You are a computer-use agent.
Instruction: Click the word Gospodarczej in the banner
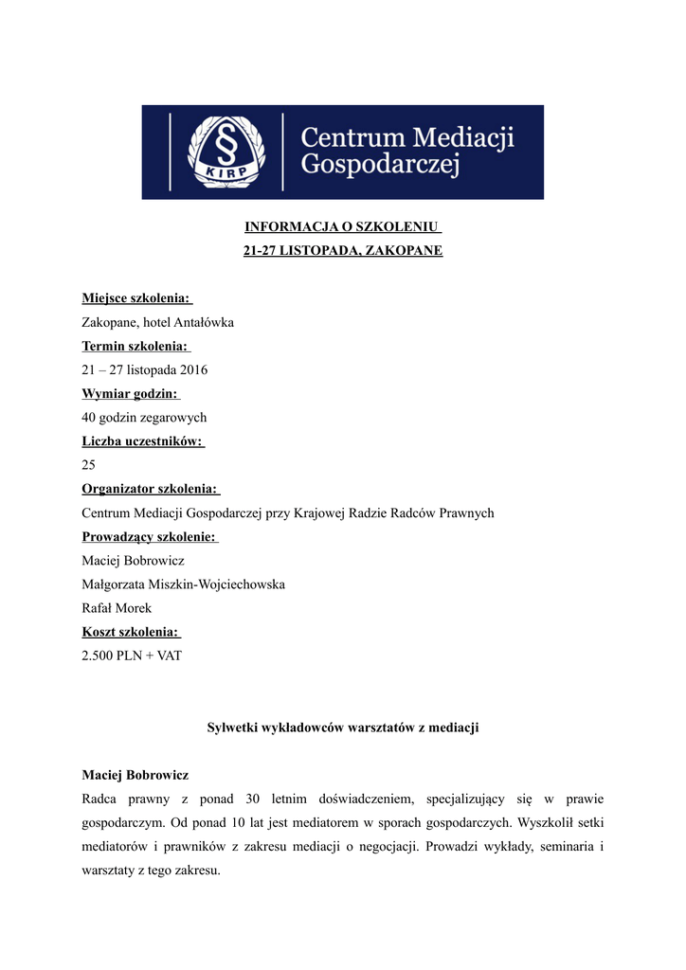point(379,167)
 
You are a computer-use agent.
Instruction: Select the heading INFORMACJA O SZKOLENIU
point(342,227)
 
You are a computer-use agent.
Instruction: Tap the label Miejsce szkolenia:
point(135,298)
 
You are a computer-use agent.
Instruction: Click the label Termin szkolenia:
point(135,346)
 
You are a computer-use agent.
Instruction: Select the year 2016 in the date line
point(191,369)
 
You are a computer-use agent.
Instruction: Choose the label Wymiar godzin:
point(130,393)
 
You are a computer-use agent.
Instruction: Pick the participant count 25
point(89,465)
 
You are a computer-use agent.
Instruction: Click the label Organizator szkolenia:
point(150,489)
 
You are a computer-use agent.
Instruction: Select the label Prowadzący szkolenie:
point(149,537)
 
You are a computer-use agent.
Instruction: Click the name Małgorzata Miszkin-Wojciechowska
point(183,584)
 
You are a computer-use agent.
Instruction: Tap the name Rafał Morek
point(117,608)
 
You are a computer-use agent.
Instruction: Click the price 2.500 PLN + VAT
point(132,656)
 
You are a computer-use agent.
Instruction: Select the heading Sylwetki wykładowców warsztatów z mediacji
point(343,727)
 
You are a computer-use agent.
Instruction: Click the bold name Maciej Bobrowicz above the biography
point(135,775)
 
